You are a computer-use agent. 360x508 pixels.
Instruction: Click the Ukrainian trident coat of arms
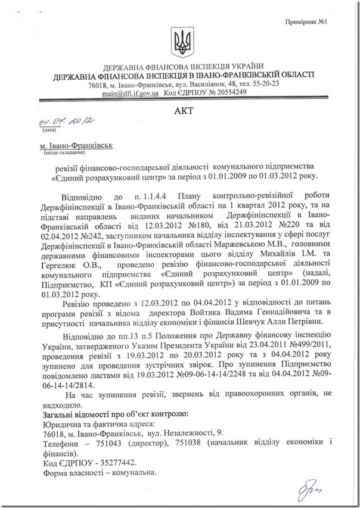click(181, 40)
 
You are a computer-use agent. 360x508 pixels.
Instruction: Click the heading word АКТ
click(179, 111)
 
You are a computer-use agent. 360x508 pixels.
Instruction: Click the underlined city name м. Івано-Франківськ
click(69, 145)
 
